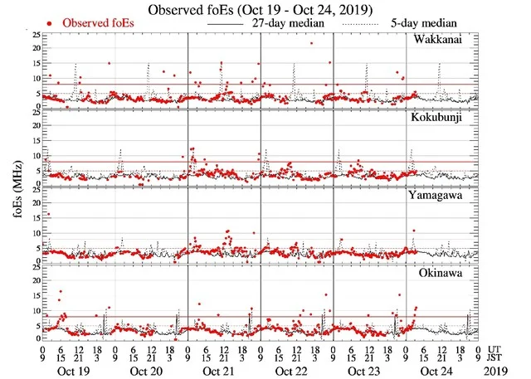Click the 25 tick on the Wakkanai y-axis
[36, 35]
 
